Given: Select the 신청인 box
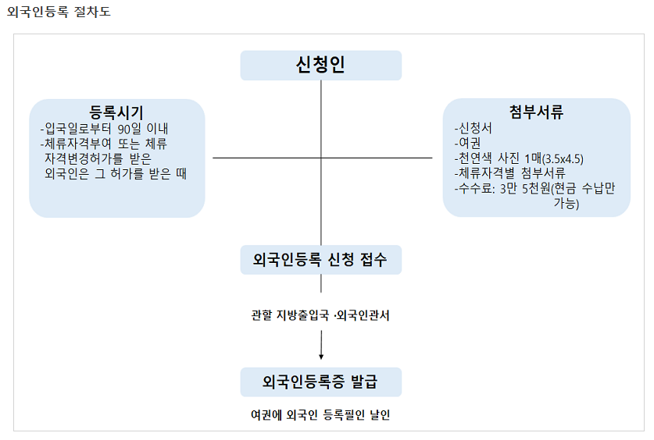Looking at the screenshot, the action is click(x=320, y=66).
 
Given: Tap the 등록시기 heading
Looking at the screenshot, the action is click(x=116, y=112).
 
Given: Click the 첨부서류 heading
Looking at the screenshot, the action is click(x=536, y=112).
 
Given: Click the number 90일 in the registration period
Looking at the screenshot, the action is click(x=130, y=129).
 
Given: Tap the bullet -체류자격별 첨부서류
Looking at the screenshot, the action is click(x=509, y=173).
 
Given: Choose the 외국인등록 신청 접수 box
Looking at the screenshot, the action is click(x=320, y=260).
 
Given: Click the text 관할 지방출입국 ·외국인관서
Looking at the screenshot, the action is click(x=320, y=315).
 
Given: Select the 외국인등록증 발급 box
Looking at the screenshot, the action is click(x=320, y=382).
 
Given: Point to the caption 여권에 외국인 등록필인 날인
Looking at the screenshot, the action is click(x=320, y=415).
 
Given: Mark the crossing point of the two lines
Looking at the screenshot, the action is click(x=321, y=158).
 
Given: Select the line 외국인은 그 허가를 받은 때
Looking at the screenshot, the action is click(x=116, y=173).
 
